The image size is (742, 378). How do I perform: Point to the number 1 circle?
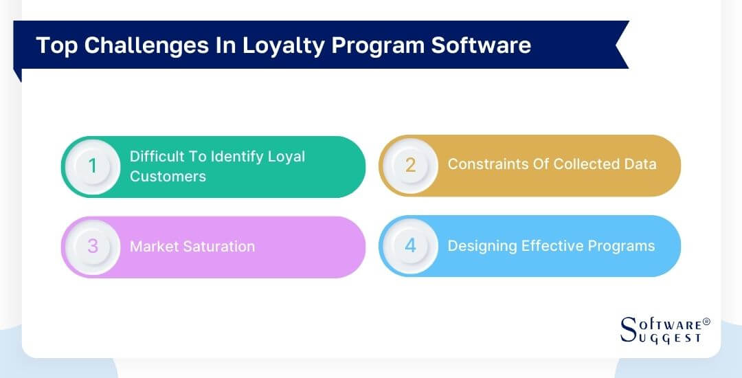pyautogui.click(x=93, y=166)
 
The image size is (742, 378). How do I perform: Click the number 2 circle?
pyautogui.click(x=410, y=165)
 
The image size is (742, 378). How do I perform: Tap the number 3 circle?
pyautogui.click(x=93, y=247)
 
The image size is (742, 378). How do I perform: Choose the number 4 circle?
pyautogui.click(x=410, y=246)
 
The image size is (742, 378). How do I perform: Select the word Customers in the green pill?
pyautogui.click(x=168, y=177)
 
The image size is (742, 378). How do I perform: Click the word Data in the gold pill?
pyautogui.click(x=640, y=164)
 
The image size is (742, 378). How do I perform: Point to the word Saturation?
pyautogui.click(x=219, y=247)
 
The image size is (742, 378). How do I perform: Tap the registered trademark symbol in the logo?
pyautogui.click(x=706, y=321)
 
